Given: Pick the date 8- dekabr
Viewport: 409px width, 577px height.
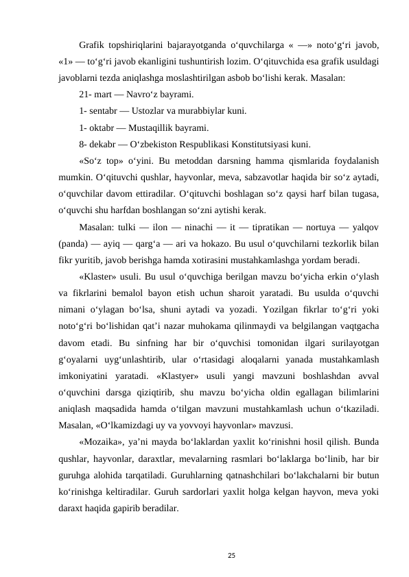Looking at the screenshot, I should [100, 145].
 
